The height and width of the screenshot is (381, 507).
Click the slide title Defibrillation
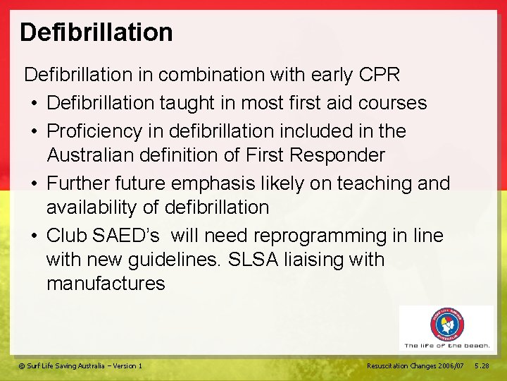click(x=96, y=32)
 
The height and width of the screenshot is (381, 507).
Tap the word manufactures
click(x=106, y=284)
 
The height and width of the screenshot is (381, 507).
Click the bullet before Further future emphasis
click(x=35, y=184)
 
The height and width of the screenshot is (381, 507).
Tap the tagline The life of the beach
click(x=447, y=345)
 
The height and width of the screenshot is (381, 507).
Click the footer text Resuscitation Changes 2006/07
click(x=415, y=365)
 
